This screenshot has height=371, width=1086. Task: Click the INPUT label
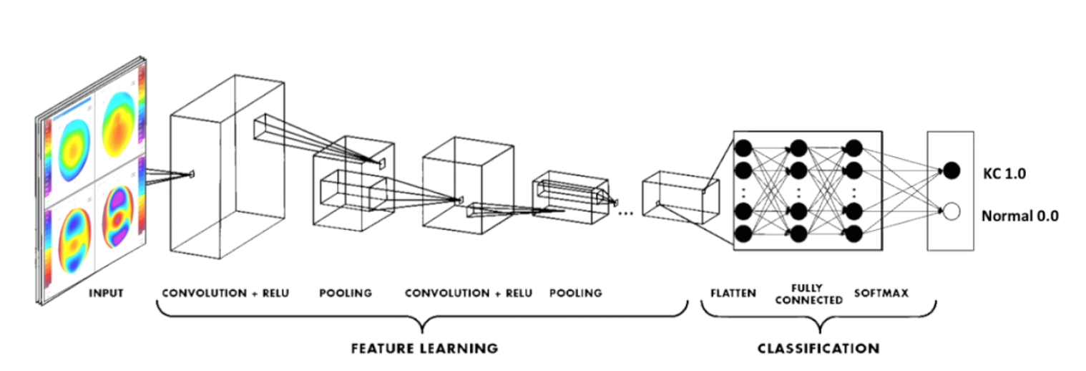coord(106,293)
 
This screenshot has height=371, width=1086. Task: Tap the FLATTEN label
coord(733,293)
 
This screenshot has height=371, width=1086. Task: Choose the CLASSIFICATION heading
coord(818,349)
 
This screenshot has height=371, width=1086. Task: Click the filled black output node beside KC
coord(951,170)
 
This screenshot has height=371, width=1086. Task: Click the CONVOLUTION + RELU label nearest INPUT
coord(225,293)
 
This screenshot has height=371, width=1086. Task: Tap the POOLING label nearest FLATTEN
coord(576,293)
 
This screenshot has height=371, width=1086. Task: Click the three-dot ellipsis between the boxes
coord(625,213)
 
